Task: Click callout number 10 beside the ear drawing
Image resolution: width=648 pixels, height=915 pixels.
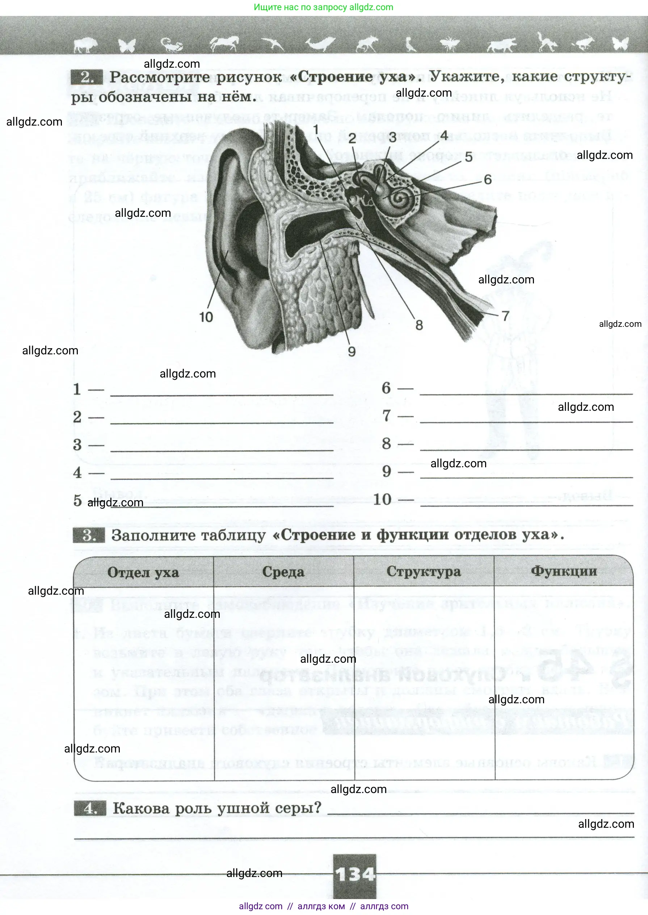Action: pyautogui.click(x=206, y=317)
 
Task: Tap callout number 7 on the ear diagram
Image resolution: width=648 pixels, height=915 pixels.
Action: pyautogui.click(x=506, y=316)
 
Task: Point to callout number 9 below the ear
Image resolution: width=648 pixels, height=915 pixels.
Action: pyautogui.click(x=352, y=351)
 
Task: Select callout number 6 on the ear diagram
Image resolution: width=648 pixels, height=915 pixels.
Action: pyautogui.click(x=488, y=180)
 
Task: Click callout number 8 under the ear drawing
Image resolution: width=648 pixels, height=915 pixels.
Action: pyautogui.click(x=419, y=325)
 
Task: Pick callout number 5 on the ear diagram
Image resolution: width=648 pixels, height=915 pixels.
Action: pyautogui.click(x=469, y=157)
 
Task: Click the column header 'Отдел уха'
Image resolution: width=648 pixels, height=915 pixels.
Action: pyautogui.click(x=143, y=572)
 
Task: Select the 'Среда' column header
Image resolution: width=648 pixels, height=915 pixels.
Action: pyautogui.click(x=283, y=572)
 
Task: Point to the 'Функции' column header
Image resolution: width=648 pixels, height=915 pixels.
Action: pyautogui.click(x=564, y=571)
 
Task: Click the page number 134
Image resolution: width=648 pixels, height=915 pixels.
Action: pyautogui.click(x=355, y=875)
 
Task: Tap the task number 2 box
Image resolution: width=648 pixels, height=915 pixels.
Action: pyautogui.click(x=87, y=77)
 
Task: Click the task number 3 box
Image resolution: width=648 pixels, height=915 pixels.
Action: pyautogui.click(x=89, y=535)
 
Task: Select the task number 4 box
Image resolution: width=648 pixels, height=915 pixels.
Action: pyautogui.click(x=90, y=809)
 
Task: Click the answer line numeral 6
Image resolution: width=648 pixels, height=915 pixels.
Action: pyautogui.click(x=386, y=388)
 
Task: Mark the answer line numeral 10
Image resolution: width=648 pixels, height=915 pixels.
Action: pyautogui.click(x=382, y=499)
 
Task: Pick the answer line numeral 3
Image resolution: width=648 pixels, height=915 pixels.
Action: pyautogui.click(x=77, y=445)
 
